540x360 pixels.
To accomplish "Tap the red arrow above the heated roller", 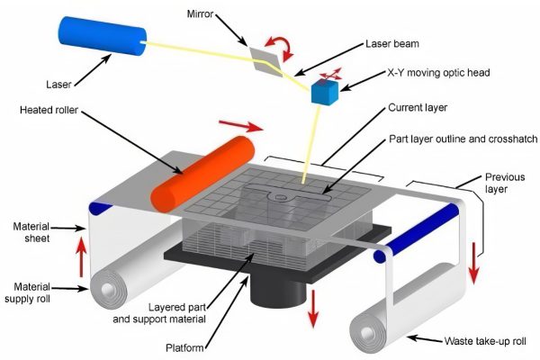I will point(243,123).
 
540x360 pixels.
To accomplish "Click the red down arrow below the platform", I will point(312,306).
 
